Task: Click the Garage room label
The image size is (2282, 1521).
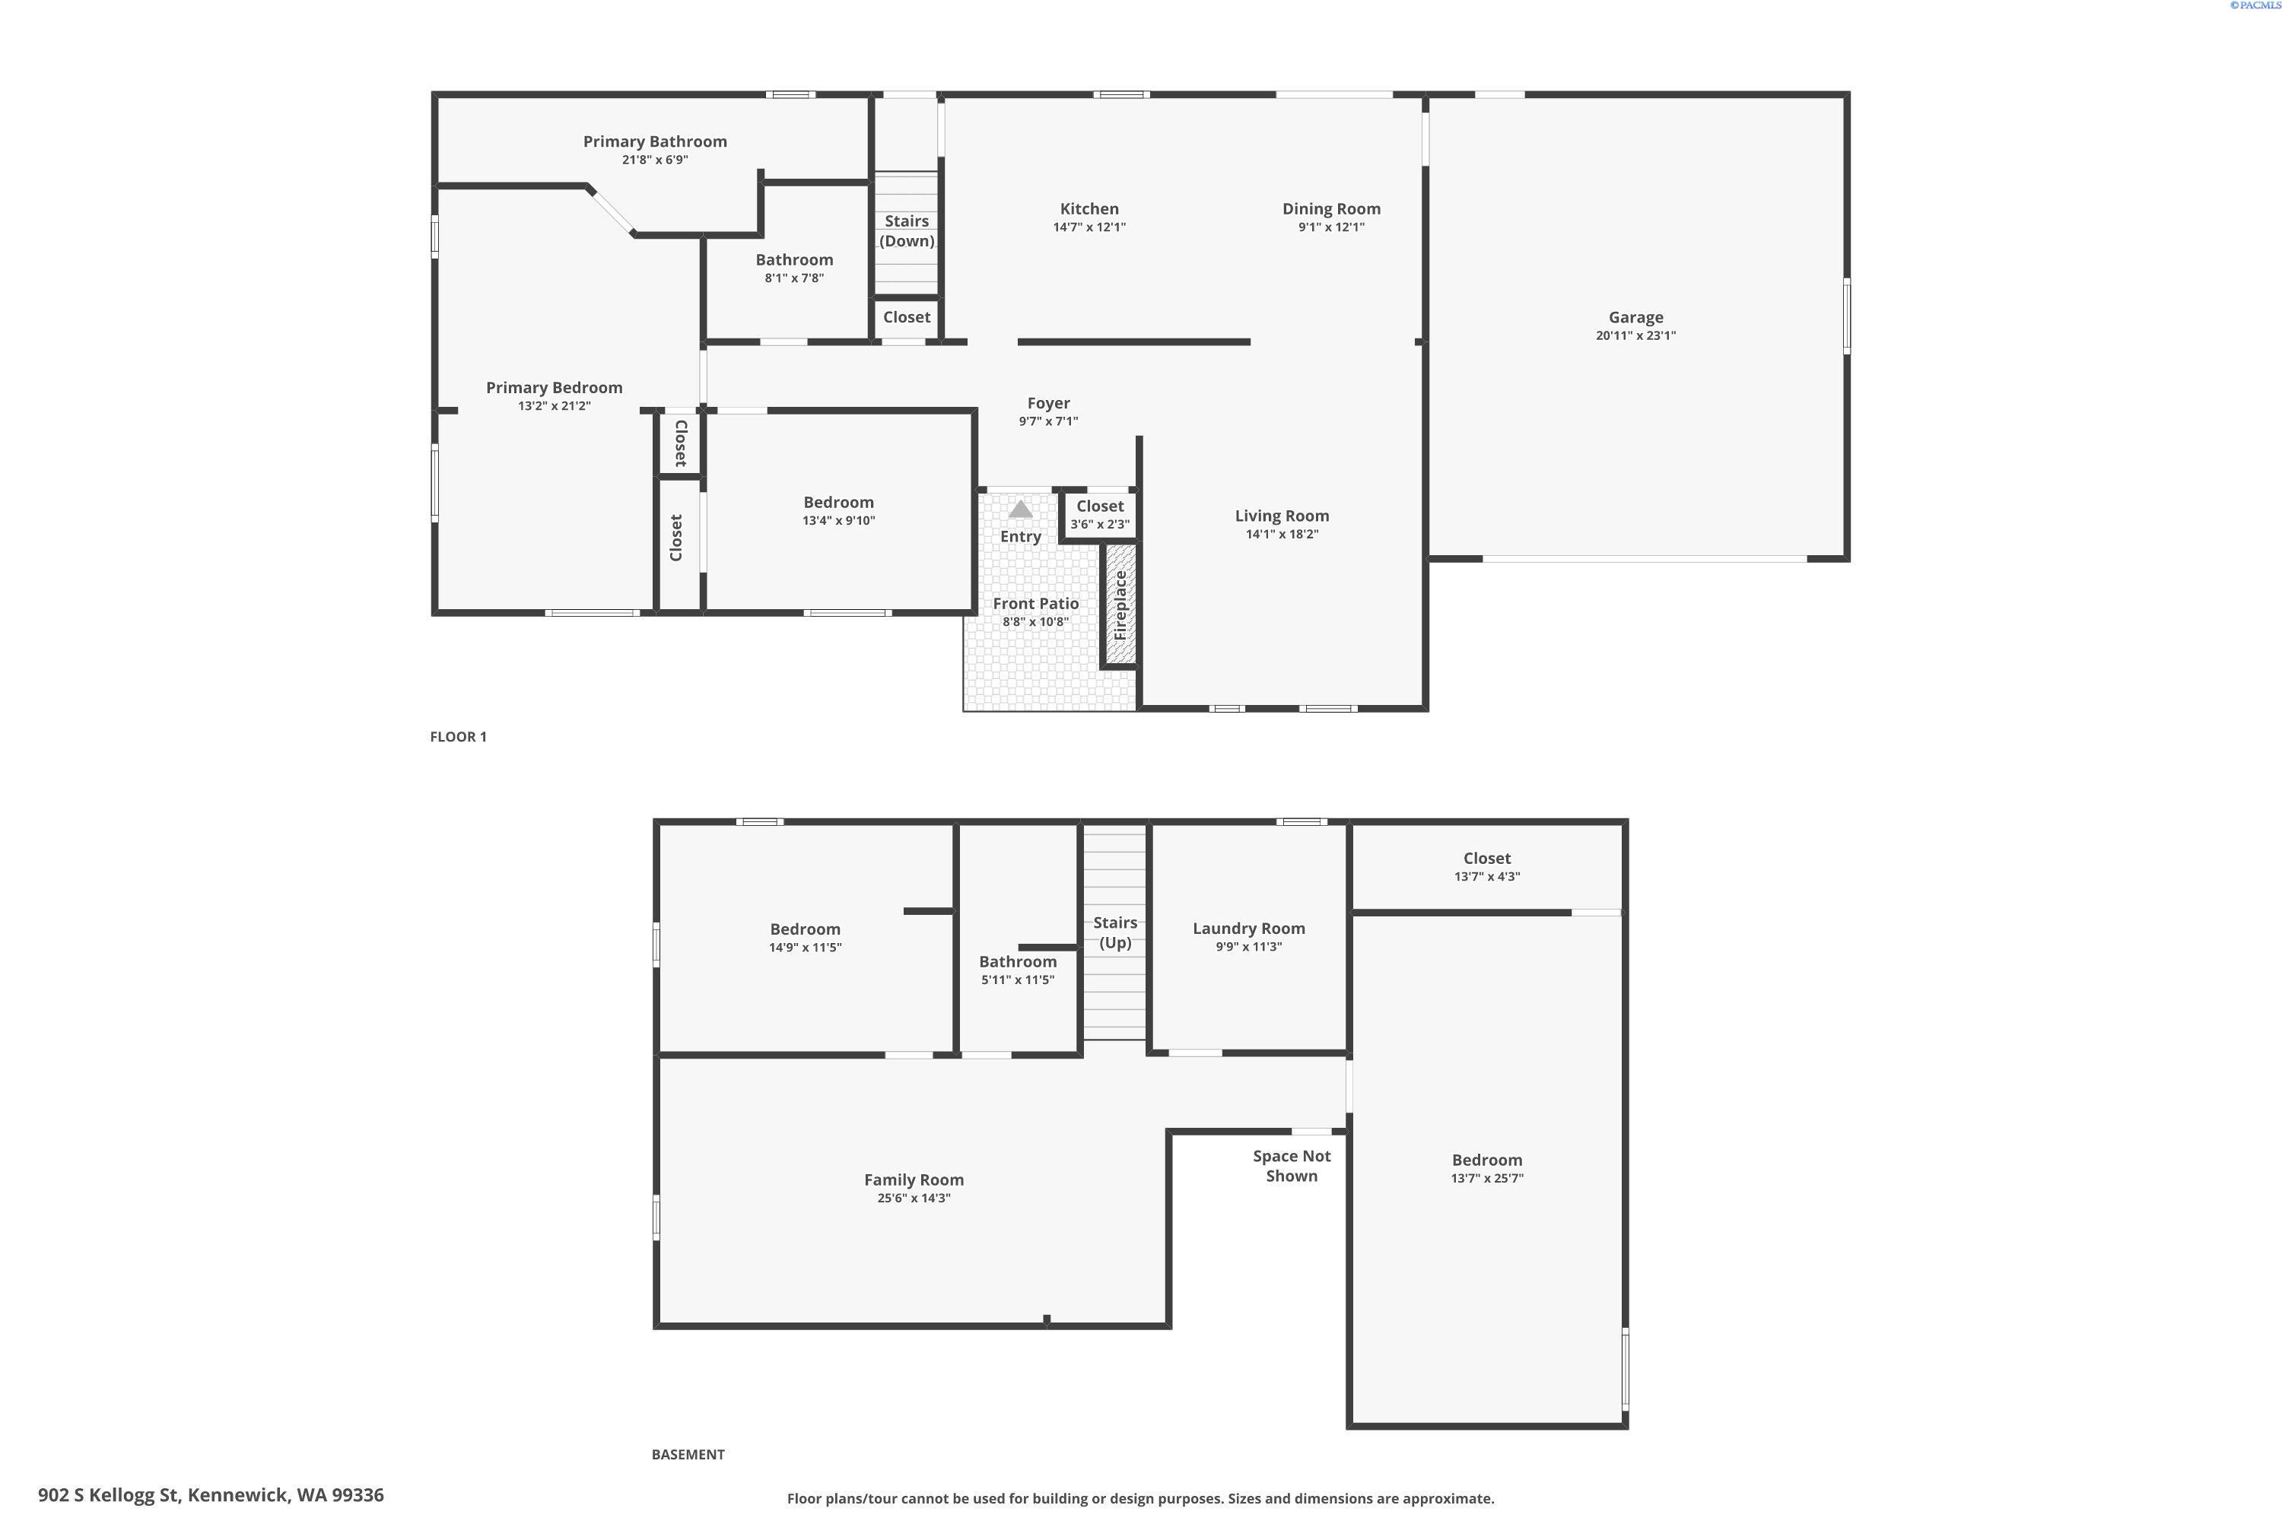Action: pyautogui.click(x=1636, y=317)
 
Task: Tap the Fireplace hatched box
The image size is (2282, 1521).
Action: pyautogui.click(x=1120, y=605)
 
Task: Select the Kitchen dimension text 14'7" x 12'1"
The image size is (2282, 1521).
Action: pyautogui.click(x=1089, y=227)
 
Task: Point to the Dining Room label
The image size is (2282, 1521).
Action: pyautogui.click(x=1331, y=208)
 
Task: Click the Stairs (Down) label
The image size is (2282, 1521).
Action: pyautogui.click(x=907, y=231)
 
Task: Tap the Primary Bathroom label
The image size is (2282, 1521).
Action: pyautogui.click(x=655, y=141)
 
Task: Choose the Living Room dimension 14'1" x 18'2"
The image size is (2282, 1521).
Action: pyautogui.click(x=1282, y=534)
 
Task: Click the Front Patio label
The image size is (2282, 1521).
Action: pyautogui.click(x=1035, y=603)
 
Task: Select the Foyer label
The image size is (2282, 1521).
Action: pyautogui.click(x=1049, y=402)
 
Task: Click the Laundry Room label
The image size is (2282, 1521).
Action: pyautogui.click(x=1249, y=929)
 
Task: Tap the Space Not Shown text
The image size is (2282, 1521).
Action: pyautogui.click(x=1292, y=1166)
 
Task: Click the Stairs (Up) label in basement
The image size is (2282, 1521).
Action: pyautogui.click(x=1115, y=932)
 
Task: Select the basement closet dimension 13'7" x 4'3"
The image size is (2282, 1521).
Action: pyautogui.click(x=1487, y=876)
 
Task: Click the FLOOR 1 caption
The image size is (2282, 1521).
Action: pyautogui.click(x=458, y=736)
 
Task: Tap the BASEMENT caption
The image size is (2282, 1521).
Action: pyautogui.click(x=688, y=1454)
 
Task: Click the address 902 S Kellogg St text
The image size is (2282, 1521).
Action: pyautogui.click(x=110, y=1495)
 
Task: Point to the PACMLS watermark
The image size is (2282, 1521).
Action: pyautogui.click(x=2253, y=5)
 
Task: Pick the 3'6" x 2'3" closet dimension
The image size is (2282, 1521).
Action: pyautogui.click(x=1100, y=525)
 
